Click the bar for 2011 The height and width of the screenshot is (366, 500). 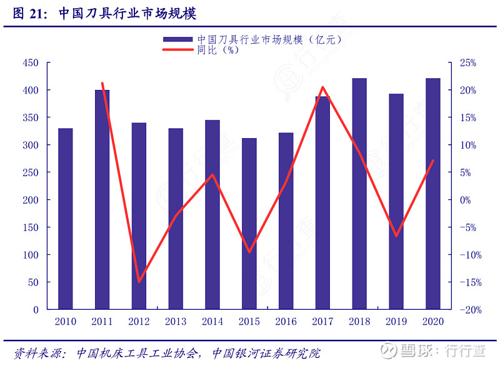(x=102, y=199)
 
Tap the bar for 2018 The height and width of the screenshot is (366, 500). (x=359, y=194)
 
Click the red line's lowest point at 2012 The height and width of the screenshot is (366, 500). (x=139, y=282)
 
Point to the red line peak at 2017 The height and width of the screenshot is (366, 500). (x=322, y=87)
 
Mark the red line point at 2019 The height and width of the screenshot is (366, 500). (x=396, y=236)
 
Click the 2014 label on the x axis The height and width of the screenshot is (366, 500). (x=212, y=322)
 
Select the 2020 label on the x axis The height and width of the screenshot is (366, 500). (x=432, y=322)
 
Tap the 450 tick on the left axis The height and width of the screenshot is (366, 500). (x=31, y=63)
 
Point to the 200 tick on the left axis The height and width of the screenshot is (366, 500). (x=31, y=200)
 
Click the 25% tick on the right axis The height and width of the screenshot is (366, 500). (x=467, y=63)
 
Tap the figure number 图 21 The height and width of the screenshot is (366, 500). (x=27, y=14)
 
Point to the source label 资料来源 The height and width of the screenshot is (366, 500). (x=39, y=354)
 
